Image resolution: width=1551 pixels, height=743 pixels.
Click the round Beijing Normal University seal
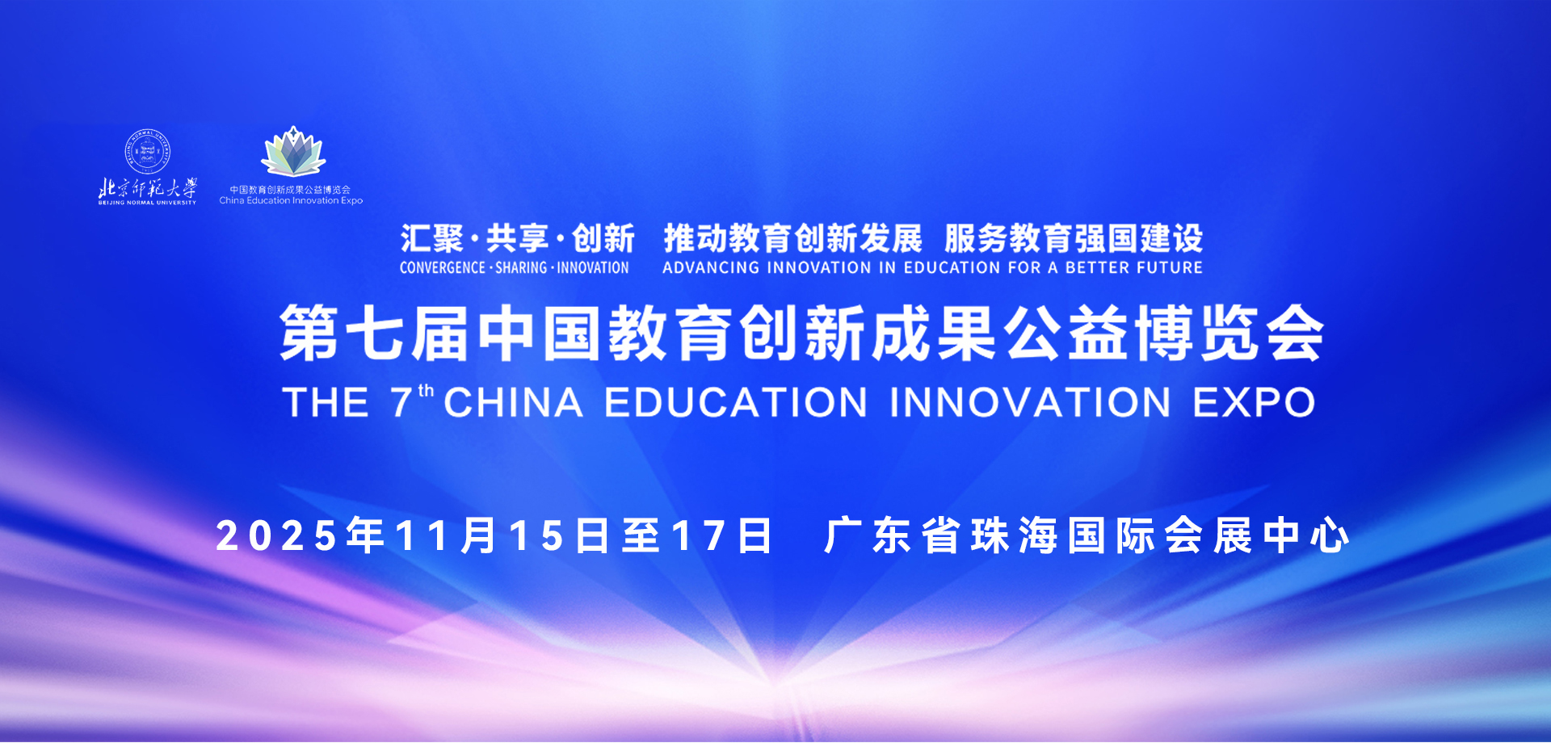147,150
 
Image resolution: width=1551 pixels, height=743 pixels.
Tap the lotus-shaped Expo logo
293,151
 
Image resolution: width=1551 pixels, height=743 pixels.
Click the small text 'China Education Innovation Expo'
291,200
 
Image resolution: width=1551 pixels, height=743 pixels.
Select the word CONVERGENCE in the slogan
443,267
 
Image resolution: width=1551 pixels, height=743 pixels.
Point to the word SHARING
521,267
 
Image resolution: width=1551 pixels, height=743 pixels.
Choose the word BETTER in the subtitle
1097,267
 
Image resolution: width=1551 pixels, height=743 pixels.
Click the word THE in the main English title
326,402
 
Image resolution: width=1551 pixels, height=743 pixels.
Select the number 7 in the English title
401,402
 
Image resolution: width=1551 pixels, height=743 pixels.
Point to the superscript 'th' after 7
427,391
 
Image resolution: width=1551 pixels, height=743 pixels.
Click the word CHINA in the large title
514,402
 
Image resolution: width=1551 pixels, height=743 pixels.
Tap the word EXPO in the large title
1255,402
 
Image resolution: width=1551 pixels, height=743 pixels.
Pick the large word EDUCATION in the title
736,402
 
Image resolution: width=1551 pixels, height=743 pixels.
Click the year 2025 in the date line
276,536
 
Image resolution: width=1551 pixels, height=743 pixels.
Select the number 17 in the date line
699,536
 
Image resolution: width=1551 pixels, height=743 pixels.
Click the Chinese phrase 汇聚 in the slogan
432,239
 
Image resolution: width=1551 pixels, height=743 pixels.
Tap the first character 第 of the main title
309,333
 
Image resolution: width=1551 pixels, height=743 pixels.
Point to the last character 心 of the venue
1330,536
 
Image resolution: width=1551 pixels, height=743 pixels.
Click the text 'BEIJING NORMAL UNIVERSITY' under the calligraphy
147,203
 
